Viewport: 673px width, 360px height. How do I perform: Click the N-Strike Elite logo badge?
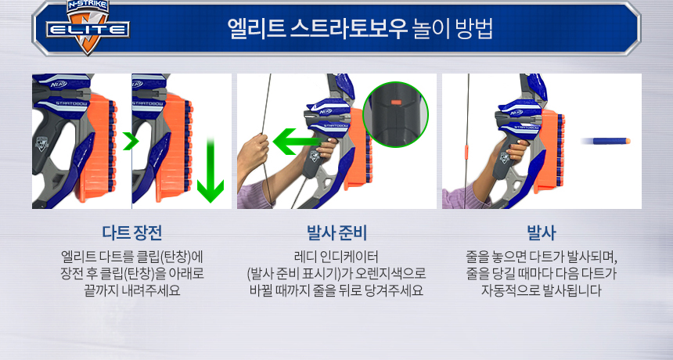(x=88, y=27)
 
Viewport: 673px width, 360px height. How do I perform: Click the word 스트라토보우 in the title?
(x=348, y=29)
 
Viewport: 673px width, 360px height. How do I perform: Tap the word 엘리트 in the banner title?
(x=256, y=29)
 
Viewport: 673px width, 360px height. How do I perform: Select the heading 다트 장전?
(x=131, y=232)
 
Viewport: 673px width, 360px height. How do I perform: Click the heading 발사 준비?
(x=336, y=232)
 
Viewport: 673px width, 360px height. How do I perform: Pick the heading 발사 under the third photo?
(x=542, y=232)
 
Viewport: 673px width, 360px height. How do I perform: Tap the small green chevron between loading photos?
(x=131, y=141)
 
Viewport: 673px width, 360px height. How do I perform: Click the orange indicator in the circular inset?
(x=396, y=103)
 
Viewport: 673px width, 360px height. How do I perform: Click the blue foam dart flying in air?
(x=605, y=141)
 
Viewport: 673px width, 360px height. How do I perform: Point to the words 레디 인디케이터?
(x=336, y=257)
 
